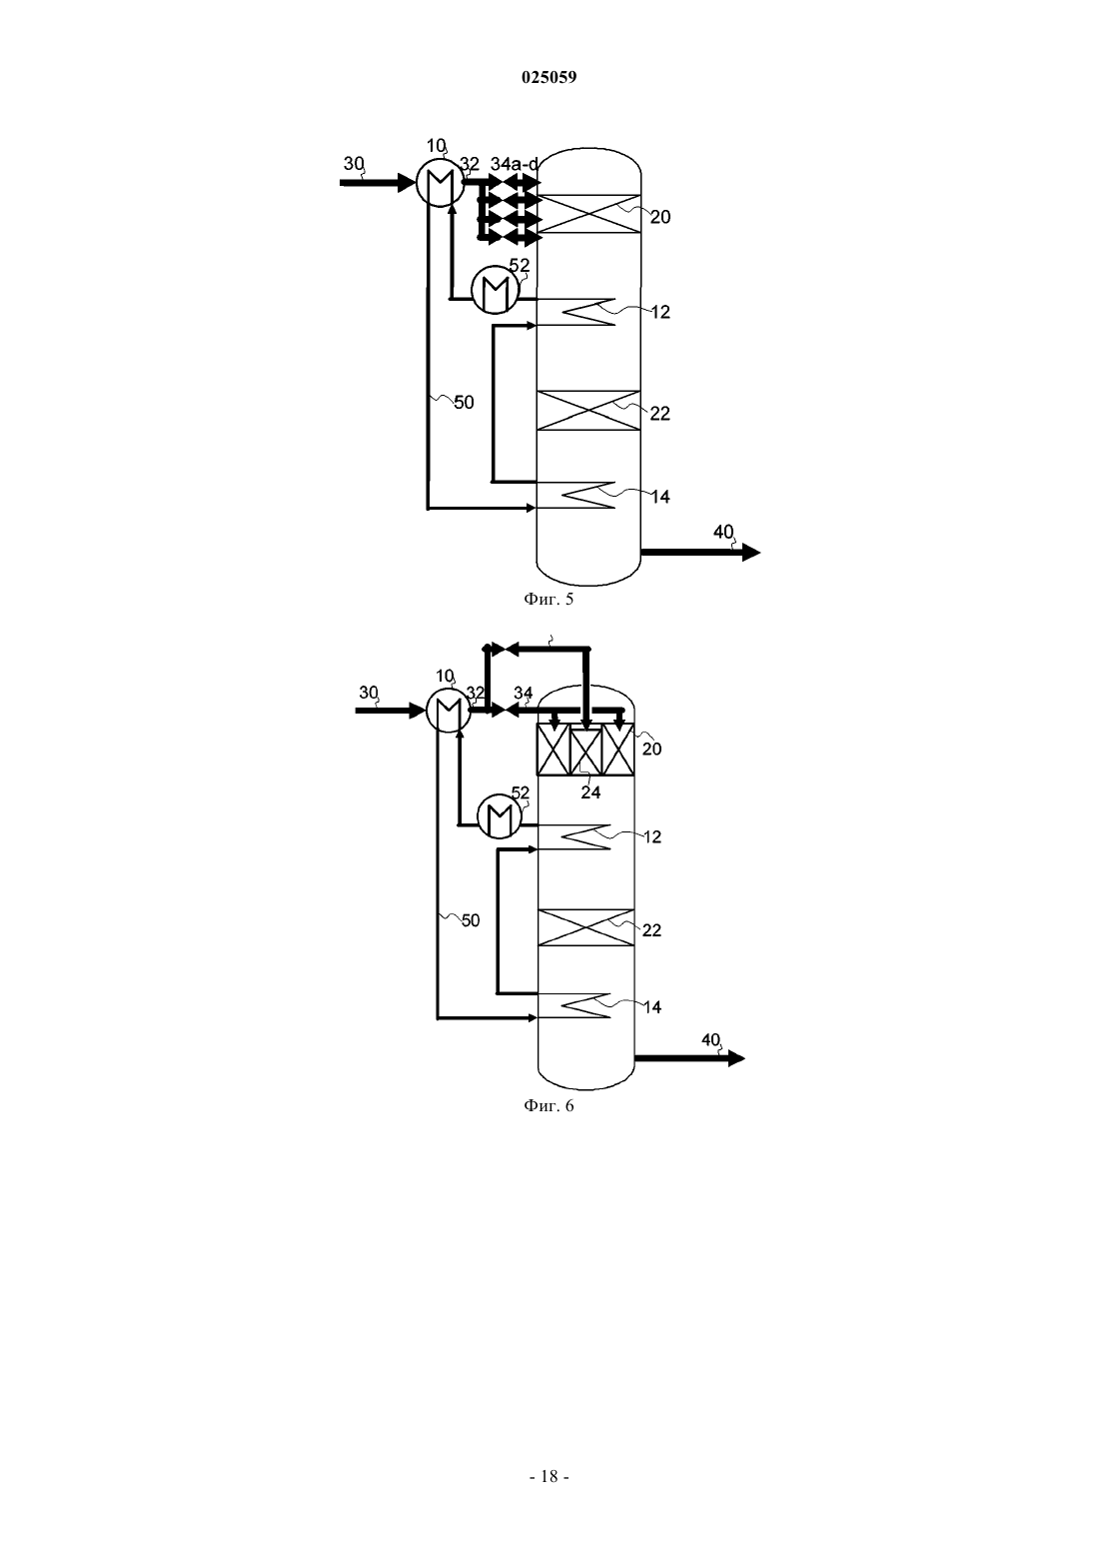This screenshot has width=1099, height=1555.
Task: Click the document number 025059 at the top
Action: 549,77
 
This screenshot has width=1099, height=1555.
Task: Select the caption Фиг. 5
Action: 549,599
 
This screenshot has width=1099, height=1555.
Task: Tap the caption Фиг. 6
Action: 549,1106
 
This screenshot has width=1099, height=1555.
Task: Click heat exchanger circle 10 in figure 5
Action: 440,183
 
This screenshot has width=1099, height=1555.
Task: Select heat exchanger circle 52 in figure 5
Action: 495,289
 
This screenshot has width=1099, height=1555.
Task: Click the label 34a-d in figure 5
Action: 515,165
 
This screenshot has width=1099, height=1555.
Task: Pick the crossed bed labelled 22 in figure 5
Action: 588,411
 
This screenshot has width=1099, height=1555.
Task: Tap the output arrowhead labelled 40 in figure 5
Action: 751,553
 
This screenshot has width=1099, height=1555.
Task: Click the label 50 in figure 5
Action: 464,403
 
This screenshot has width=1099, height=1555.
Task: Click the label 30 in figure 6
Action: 369,693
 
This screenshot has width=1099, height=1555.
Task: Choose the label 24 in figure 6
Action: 590,792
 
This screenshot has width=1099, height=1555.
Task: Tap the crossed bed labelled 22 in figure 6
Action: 586,926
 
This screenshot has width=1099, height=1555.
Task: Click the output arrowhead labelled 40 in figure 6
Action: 736,1058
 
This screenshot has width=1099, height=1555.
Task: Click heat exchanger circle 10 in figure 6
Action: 449,711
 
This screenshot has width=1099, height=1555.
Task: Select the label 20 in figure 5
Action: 659,217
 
